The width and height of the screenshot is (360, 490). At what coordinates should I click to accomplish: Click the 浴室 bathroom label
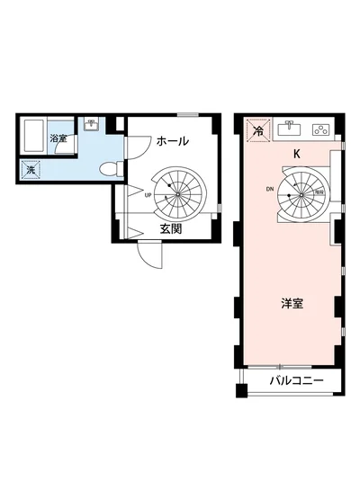(x=58, y=139)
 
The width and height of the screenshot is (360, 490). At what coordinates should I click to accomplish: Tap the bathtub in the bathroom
(x=34, y=136)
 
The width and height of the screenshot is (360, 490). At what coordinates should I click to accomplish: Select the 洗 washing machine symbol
(x=31, y=168)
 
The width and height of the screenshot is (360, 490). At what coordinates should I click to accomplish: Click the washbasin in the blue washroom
(x=89, y=126)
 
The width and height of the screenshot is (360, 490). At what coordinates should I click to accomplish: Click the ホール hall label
(x=172, y=141)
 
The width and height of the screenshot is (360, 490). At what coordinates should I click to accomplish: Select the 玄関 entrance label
(x=172, y=227)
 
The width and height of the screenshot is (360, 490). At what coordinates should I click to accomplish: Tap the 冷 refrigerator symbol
(x=258, y=130)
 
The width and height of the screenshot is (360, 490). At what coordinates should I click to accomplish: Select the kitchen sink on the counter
(x=290, y=127)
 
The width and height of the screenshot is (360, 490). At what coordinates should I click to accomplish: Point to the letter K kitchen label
(x=296, y=154)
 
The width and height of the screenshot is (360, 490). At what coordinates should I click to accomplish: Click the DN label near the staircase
(x=269, y=189)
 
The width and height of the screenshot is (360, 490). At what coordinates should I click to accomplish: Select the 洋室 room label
(x=291, y=304)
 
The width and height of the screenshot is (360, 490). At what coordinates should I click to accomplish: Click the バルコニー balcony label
(x=292, y=383)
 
